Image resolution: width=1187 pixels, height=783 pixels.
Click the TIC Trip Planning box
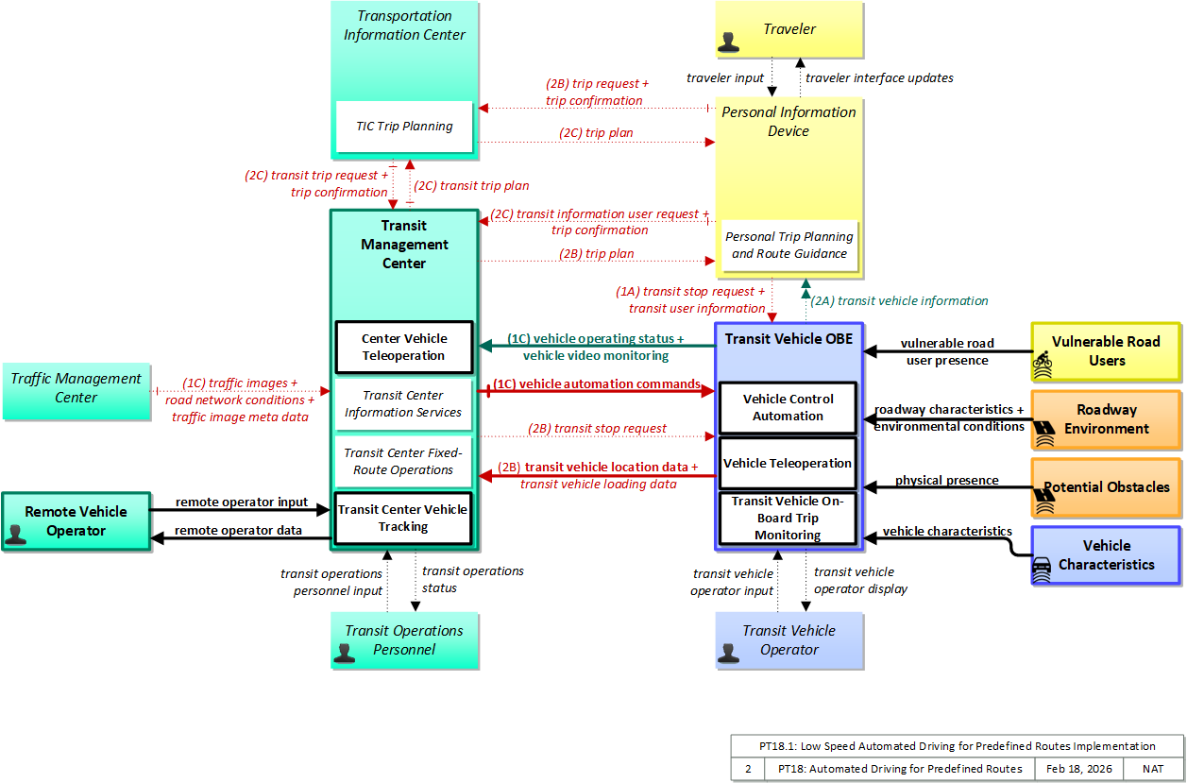[404, 127]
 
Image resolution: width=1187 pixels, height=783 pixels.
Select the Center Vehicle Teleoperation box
[404, 348]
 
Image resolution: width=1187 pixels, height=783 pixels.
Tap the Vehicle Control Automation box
[788, 408]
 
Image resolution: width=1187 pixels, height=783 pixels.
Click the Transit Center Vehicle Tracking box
[402, 518]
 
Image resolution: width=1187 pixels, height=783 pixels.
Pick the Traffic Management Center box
[76, 391]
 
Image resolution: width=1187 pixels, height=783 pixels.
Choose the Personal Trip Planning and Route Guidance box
[789, 246]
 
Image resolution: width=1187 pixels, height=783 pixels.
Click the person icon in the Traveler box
[728, 43]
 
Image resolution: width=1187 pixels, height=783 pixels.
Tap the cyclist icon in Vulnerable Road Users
[1043, 365]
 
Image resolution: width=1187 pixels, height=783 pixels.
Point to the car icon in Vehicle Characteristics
[1042, 570]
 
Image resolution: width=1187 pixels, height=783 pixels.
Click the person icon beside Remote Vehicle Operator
[15, 535]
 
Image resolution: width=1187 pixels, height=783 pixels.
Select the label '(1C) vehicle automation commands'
[597, 383]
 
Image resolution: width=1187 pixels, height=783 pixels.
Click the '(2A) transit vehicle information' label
[899, 301]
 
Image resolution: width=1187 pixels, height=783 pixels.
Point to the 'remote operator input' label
[242, 502]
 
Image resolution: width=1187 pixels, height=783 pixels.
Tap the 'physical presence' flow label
[947, 481]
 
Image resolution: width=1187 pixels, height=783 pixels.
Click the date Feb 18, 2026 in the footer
[1079, 769]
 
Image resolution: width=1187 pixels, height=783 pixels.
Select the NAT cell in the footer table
[1153, 769]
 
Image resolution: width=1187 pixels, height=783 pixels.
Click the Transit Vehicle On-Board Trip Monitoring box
[788, 518]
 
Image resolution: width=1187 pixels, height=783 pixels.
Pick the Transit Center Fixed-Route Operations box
[402, 461]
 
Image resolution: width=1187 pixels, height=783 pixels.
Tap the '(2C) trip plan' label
[596, 132]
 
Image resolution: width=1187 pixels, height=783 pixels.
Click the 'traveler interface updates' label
[879, 78]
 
